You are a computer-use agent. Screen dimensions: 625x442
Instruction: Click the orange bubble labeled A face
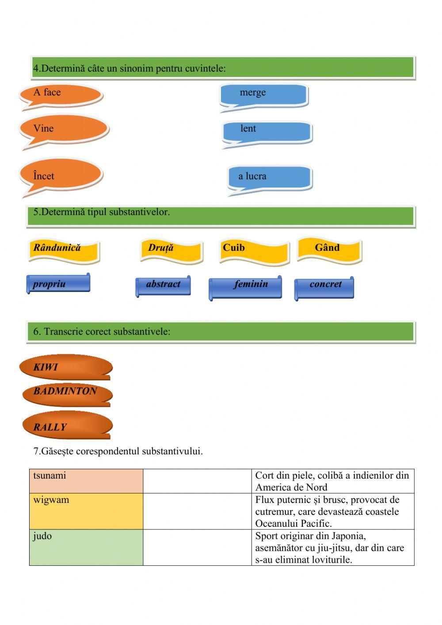61,94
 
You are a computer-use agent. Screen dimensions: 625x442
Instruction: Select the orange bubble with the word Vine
64,128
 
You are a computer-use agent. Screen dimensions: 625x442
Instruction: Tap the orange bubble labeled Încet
61,175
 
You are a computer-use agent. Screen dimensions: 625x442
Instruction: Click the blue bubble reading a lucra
270,177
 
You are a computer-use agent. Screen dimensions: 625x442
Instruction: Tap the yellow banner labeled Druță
172,250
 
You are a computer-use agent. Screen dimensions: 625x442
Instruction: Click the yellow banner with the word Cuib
254,250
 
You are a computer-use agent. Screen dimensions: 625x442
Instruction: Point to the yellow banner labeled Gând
329,249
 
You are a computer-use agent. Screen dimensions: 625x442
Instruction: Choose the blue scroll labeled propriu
58,284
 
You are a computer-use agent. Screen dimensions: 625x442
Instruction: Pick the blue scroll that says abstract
163,285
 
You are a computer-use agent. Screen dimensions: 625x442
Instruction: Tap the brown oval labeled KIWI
66,366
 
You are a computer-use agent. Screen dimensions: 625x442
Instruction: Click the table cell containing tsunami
86,481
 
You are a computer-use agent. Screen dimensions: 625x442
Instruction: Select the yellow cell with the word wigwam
86,511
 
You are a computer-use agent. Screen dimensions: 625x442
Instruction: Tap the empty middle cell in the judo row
197,548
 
